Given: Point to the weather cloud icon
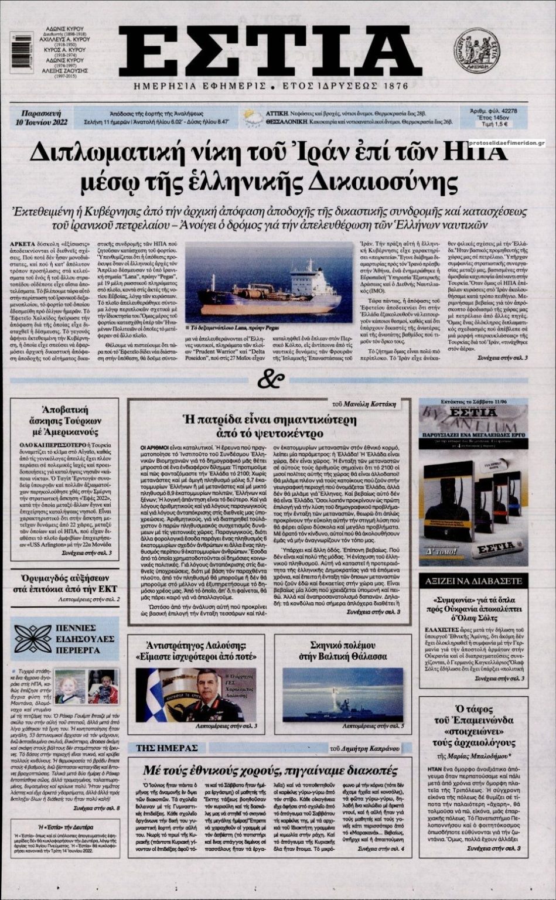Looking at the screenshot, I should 253,117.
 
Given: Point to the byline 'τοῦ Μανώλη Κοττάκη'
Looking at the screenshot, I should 363,404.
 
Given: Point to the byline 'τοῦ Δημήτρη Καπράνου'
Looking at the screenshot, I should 364,748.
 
